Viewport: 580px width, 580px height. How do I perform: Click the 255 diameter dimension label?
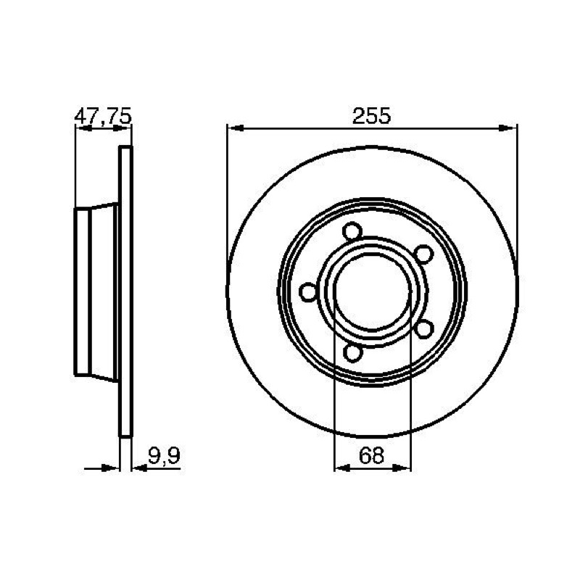pyautogui.click(x=371, y=116)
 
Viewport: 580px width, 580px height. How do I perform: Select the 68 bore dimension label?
pyautogui.click(x=371, y=455)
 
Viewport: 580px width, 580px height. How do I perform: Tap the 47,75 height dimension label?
pyautogui.click(x=103, y=116)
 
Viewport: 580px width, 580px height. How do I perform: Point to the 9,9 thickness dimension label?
pyautogui.click(x=164, y=456)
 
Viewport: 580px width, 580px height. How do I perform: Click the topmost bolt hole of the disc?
pyautogui.click(x=352, y=231)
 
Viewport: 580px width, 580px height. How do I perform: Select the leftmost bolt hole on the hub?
pyautogui.click(x=308, y=292)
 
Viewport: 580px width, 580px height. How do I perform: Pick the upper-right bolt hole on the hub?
pyautogui.click(x=423, y=254)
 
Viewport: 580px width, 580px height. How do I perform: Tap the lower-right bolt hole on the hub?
pyautogui.click(x=424, y=329)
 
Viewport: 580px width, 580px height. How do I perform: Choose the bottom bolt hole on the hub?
pyautogui.click(x=352, y=352)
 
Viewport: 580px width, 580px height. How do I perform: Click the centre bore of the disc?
pyautogui.click(x=372, y=292)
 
